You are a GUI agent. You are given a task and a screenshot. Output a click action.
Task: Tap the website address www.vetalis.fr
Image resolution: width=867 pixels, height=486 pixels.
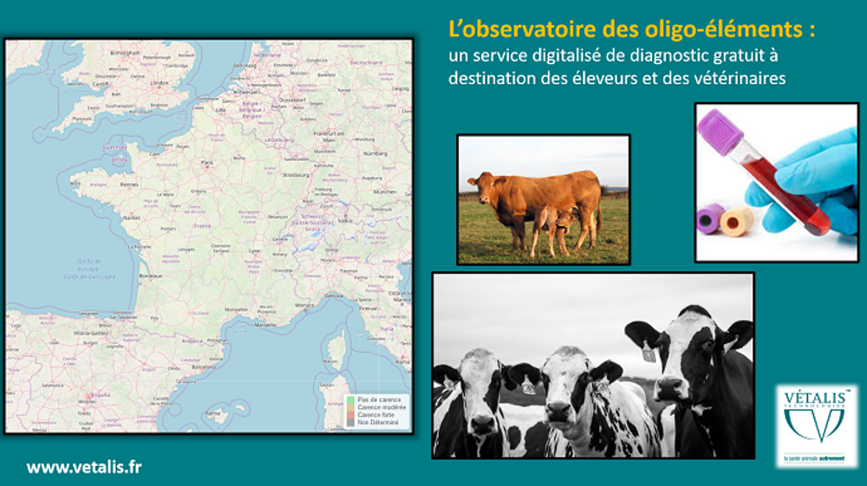pyautogui.click(x=84, y=467)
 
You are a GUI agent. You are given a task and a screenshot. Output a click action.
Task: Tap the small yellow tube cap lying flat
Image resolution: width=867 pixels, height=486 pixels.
pyautogui.click(x=736, y=221)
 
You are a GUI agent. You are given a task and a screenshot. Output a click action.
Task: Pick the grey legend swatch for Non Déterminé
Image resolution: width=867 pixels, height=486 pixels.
pyautogui.click(x=350, y=421)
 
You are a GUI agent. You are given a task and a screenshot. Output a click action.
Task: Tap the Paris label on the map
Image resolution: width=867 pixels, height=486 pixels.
pyautogui.click(x=207, y=162)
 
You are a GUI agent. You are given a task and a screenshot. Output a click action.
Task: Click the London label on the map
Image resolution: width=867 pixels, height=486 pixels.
pyautogui.click(x=159, y=84)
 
